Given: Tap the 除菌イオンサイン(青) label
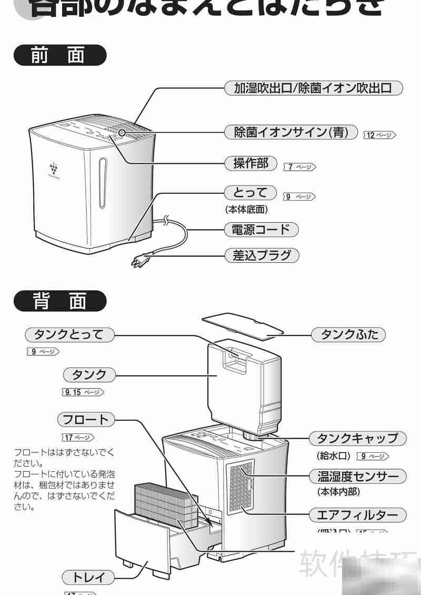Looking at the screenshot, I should click(291, 132).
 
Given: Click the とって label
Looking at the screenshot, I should click(250, 192).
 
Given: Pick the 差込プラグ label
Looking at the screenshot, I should click(262, 256).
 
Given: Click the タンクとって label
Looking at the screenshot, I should click(69, 334).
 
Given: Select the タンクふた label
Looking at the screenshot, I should click(349, 334).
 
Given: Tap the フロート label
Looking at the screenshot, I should click(86, 420).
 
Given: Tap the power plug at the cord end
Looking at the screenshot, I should click(139, 260).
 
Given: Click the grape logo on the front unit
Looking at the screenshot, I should click(53, 168).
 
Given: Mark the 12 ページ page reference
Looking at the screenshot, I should click(379, 135).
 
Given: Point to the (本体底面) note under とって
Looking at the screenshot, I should click(246, 210).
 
